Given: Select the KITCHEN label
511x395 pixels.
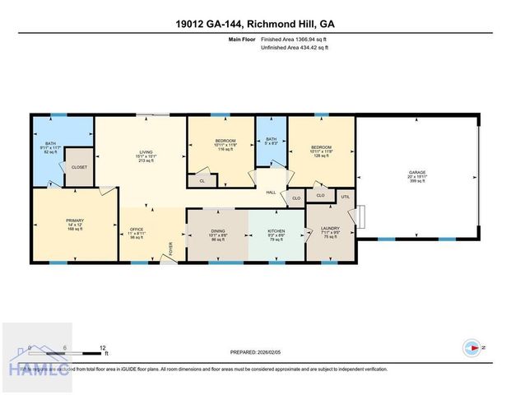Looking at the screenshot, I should coord(276,231).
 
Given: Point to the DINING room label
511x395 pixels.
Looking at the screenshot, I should coord(218,231).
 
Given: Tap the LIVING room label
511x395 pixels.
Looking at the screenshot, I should coord(146,152).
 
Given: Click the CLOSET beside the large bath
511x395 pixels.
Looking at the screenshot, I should coord(80,167).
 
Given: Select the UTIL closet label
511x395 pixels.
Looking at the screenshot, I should coord(346,196).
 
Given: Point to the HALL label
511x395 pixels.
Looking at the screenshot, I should coord(270,193).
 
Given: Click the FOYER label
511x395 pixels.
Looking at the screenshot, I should coord(171,249).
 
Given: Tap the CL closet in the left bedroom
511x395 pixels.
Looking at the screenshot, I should coord(202,181).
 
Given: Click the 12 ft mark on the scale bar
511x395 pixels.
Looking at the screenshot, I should coord(101,346).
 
